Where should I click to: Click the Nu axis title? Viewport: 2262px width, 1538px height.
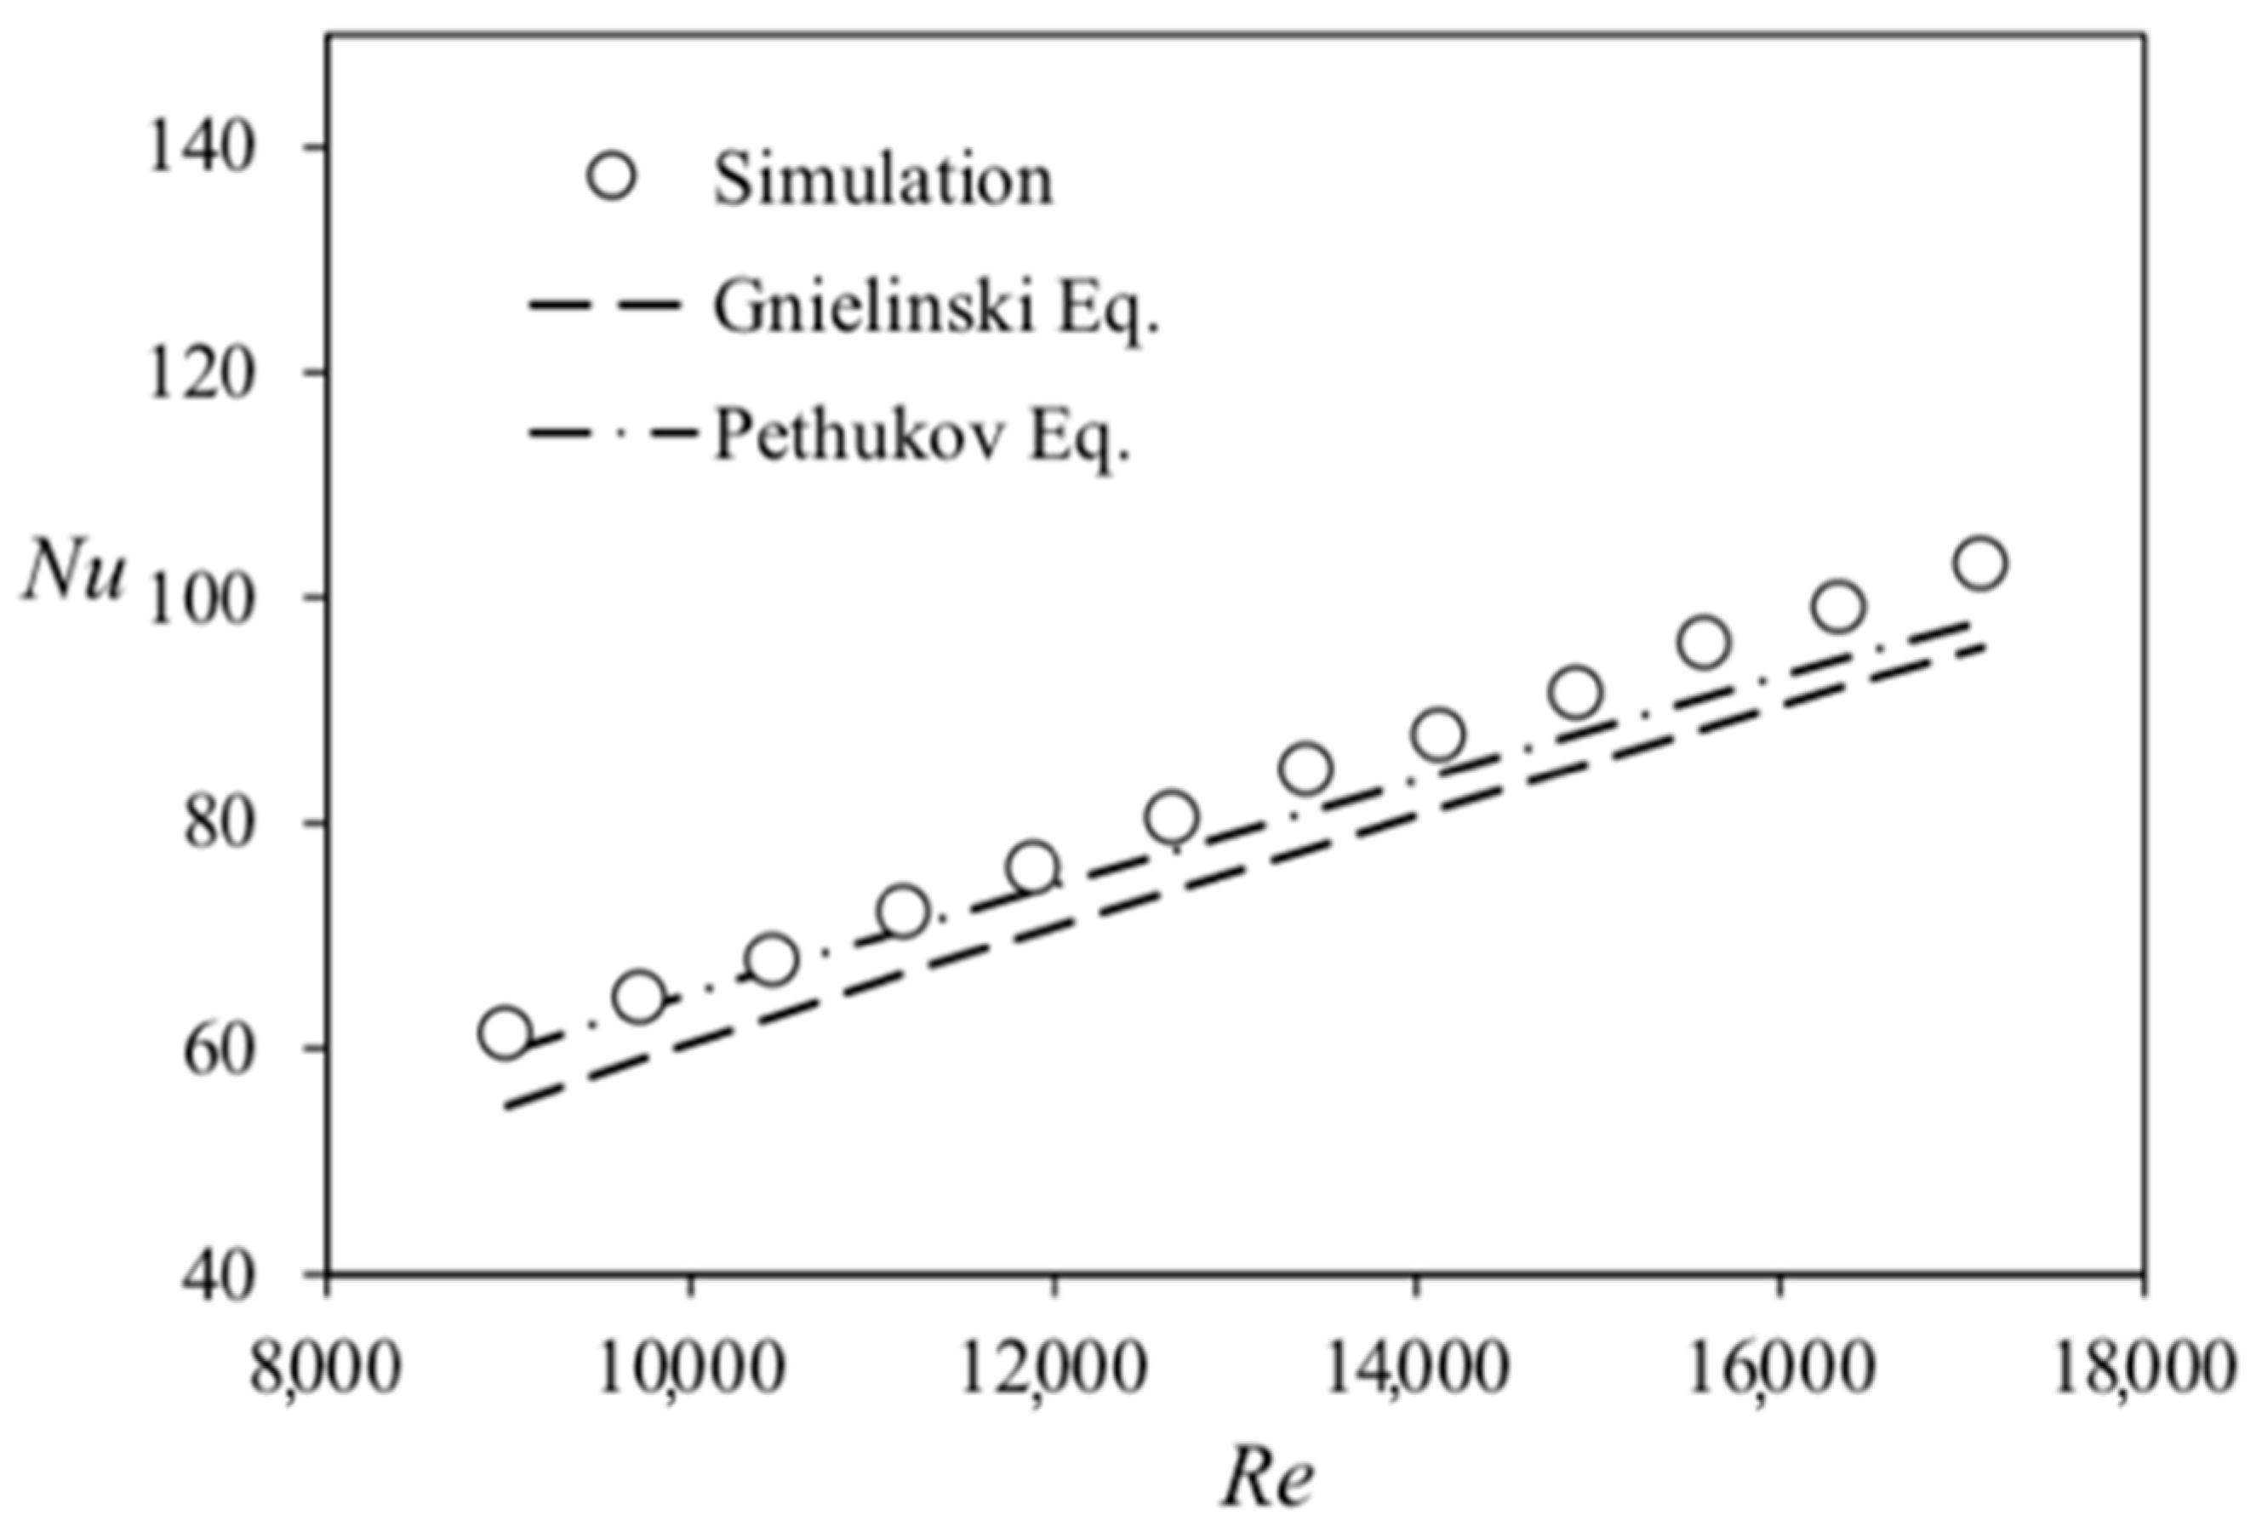point(76,575)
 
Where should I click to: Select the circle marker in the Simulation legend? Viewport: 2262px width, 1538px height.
point(612,176)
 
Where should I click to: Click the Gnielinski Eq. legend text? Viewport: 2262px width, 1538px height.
point(936,306)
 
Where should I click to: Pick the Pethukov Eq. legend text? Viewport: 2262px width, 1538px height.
point(923,436)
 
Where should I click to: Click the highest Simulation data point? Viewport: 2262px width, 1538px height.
point(1980,563)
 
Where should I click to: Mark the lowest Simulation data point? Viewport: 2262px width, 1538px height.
point(506,1032)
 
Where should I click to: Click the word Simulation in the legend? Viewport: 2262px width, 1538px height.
point(883,179)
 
